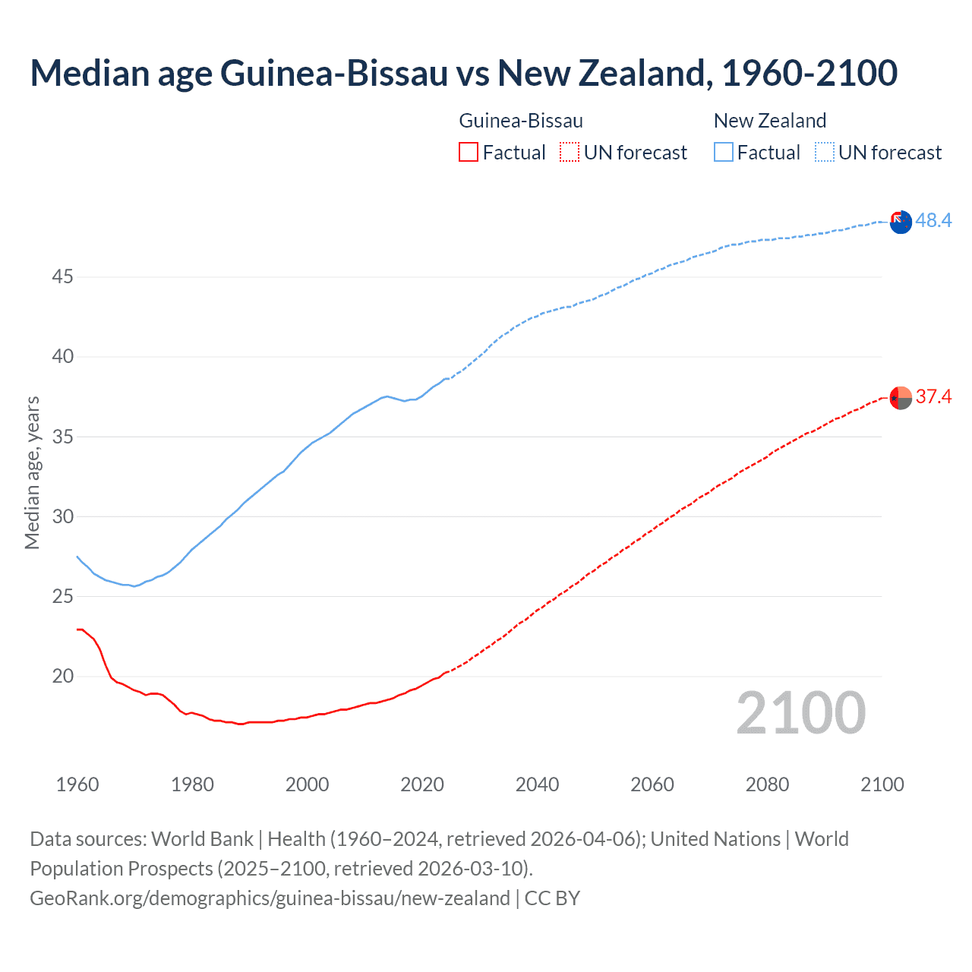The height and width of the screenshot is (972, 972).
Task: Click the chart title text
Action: (x=463, y=73)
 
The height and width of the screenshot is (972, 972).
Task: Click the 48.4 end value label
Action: (x=933, y=220)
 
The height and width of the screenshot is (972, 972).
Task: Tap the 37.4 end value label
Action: (x=933, y=396)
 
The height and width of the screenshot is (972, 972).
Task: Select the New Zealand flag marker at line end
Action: (x=901, y=222)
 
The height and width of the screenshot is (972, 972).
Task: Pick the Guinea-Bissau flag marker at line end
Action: (x=901, y=398)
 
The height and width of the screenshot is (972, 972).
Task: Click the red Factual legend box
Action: (x=469, y=153)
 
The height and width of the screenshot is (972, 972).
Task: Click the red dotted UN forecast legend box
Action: (x=570, y=153)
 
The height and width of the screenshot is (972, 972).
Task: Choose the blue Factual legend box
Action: (x=723, y=153)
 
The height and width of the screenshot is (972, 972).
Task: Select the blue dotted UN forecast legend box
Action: (x=824, y=153)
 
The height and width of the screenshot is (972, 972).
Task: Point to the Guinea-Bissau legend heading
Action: (x=521, y=121)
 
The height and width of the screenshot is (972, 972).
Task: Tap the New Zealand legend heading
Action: (x=769, y=121)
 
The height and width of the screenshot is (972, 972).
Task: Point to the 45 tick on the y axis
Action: (x=62, y=277)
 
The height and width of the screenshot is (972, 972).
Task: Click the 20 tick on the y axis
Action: (x=62, y=677)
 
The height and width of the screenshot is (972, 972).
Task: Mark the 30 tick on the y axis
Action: (x=62, y=517)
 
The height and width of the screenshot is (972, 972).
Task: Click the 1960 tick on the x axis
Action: (x=77, y=784)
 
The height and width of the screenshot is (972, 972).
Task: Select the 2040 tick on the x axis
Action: (x=537, y=784)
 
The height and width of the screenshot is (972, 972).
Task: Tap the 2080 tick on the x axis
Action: (x=767, y=784)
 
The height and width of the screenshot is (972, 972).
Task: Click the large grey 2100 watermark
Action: (x=800, y=713)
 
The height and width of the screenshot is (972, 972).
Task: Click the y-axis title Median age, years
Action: (x=32, y=472)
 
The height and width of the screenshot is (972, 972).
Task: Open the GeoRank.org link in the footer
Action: (x=270, y=898)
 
